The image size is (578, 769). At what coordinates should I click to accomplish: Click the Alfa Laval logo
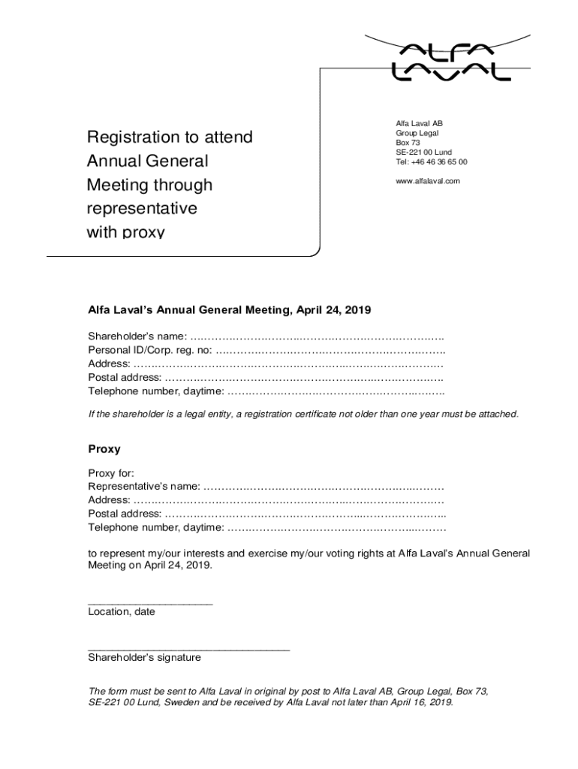coord(451,62)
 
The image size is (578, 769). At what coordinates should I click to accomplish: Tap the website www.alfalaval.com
coord(427,181)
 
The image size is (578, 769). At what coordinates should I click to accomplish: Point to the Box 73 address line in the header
coord(408,142)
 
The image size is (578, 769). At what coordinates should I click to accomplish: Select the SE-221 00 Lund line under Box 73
coord(423,152)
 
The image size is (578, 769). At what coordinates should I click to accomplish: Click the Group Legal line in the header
coord(417,133)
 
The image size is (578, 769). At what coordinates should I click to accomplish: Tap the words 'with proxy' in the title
coord(125,232)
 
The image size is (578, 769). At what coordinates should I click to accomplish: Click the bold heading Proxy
coord(104,449)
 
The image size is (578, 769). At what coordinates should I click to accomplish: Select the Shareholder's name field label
coord(137,336)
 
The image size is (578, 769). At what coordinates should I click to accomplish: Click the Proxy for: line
coord(111,472)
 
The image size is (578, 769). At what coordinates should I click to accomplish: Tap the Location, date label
coord(121,612)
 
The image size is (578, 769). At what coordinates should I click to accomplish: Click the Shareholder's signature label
coord(144,658)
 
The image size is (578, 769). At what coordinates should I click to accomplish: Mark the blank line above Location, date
coord(150,603)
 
